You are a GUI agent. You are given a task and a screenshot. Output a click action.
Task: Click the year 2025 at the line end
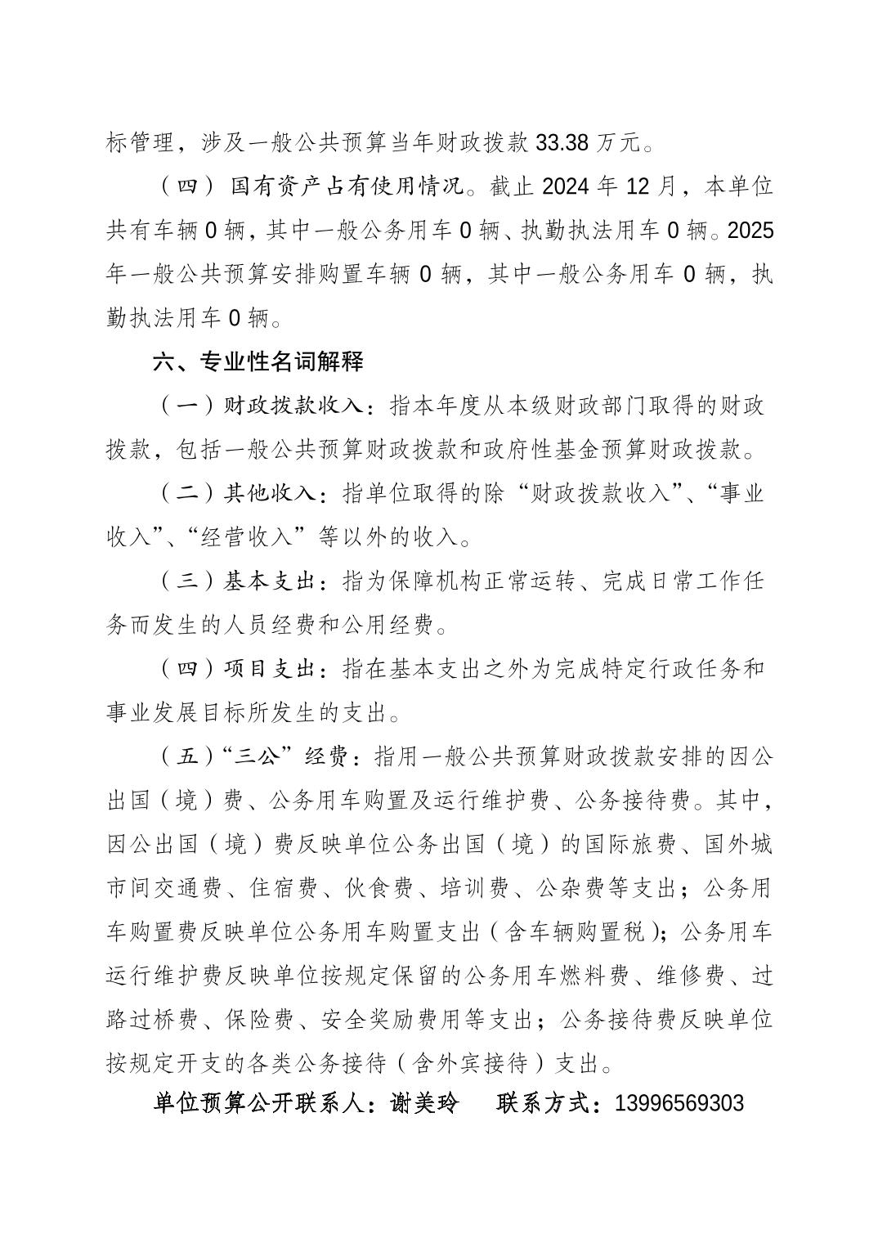750,231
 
